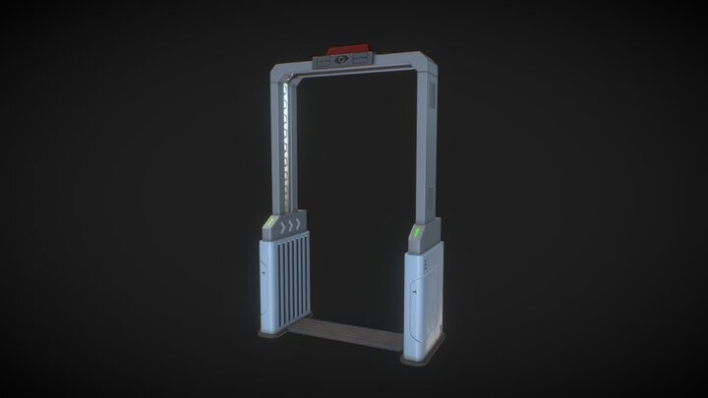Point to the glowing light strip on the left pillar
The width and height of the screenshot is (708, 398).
tap(286, 146)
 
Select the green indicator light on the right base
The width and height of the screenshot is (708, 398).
tap(417, 232)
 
